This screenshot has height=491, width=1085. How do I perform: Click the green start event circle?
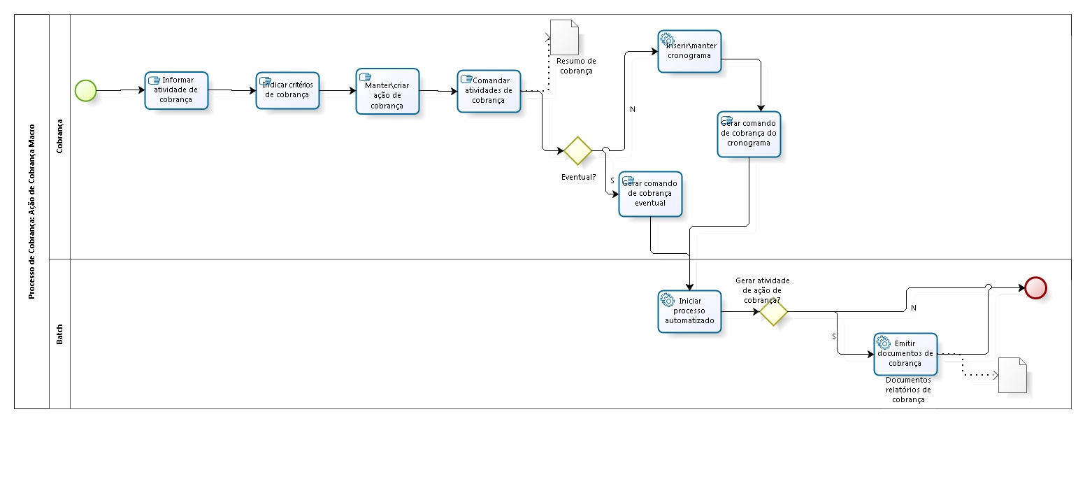(x=85, y=90)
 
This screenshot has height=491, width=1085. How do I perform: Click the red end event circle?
(x=1035, y=287)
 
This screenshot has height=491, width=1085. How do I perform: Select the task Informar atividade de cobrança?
(x=176, y=90)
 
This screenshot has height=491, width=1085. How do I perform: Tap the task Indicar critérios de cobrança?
(x=287, y=90)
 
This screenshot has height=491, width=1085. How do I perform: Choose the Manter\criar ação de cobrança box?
(x=387, y=91)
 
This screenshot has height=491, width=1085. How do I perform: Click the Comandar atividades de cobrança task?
(x=489, y=91)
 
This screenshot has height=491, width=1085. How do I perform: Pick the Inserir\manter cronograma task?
(x=689, y=51)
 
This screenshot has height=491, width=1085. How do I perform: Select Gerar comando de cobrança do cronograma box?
(x=749, y=134)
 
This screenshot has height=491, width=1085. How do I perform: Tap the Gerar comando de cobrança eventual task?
(x=650, y=194)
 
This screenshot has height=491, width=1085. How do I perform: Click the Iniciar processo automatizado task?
(x=689, y=311)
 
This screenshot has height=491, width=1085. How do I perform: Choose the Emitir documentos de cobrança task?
(x=905, y=354)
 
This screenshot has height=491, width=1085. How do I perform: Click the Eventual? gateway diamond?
(x=578, y=150)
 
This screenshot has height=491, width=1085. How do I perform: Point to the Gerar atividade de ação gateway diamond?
(x=773, y=312)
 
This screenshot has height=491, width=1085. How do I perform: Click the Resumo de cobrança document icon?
(x=565, y=38)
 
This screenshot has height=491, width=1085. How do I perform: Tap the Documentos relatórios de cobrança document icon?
(x=1013, y=375)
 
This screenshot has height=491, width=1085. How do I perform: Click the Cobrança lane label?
(x=60, y=136)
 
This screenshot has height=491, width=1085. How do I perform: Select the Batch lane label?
(x=60, y=334)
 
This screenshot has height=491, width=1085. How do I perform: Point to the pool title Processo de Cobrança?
(x=32, y=211)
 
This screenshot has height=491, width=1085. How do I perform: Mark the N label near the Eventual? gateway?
(x=632, y=109)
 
